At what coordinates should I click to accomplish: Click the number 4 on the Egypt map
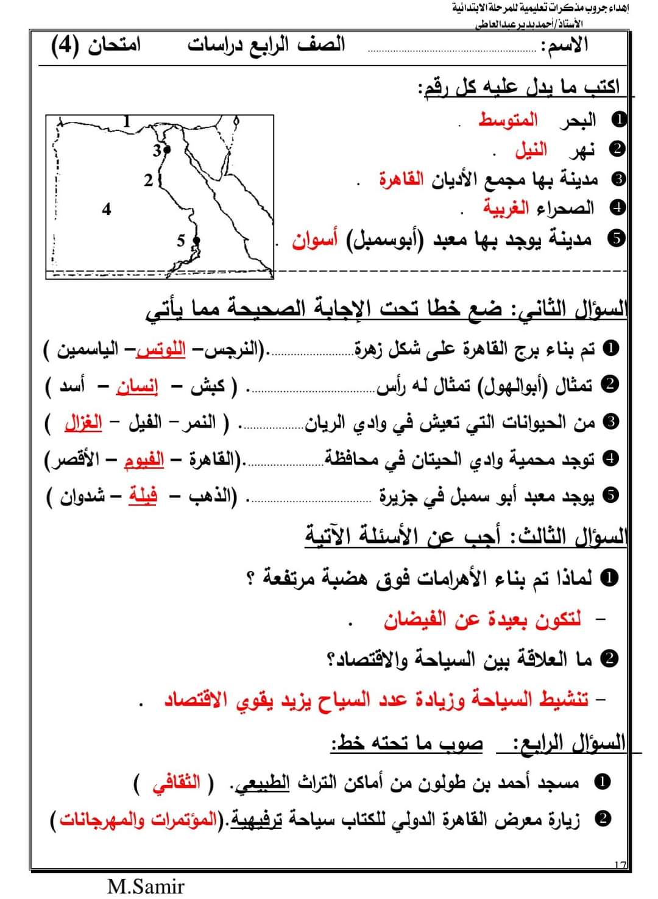107,209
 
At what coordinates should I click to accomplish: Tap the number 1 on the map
127,120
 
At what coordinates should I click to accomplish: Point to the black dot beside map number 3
167,149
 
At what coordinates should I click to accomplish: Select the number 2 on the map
149,180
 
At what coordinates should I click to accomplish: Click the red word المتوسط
508,119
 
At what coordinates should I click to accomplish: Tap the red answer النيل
531,149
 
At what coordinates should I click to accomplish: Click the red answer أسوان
314,240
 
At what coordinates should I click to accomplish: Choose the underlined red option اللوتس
161,350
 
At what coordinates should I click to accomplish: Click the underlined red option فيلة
143,496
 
